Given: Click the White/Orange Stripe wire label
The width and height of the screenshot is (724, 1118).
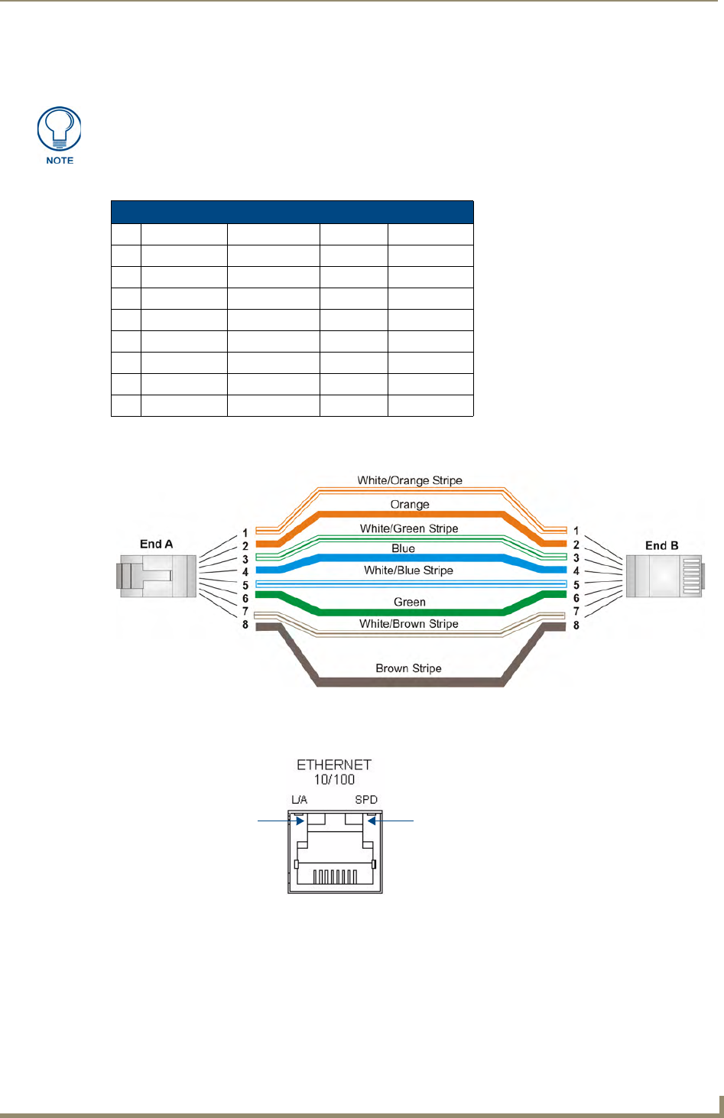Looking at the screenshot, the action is pyautogui.click(x=410, y=480).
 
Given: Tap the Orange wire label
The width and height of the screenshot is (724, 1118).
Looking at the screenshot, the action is pyautogui.click(x=410, y=504).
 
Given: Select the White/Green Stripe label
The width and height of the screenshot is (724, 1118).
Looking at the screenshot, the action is pyautogui.click(x=409, y=528).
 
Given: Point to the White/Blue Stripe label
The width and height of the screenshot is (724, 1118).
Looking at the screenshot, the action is pyautogui.click(x=408, y=570).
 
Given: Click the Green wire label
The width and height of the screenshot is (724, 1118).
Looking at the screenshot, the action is pyautogui.click(x=410, y=602).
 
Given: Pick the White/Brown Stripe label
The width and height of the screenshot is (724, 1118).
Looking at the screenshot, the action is pyautogui.click(x=409, y=623).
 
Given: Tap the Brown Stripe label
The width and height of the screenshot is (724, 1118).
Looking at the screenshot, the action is pyautogui.click(x=408, y=668).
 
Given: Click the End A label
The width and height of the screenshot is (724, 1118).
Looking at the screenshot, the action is pyautogui.click(x=156, y=544).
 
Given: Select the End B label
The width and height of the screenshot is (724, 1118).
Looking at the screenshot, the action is pyautogui.click(x=661, y=545).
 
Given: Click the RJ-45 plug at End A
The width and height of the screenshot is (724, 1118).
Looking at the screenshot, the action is pyautogui.click(x=156, y=575).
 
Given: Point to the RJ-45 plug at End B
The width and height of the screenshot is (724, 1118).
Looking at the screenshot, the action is pyautogui.click(x=664, y=575).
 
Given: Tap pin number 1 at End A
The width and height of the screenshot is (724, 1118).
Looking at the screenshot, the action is pyautogui.click(x=245, y=532).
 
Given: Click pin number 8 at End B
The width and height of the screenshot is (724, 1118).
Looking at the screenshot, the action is pyautogui.click(x=576, y=625).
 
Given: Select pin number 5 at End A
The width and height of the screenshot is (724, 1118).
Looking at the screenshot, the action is pyautogui.click(x=245, y=585).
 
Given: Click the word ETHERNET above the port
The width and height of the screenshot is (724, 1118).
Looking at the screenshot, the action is pyautogui.click(x=334, y=765).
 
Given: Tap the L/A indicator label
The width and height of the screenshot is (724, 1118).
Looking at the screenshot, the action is pyautogui.click(x=299, y=800).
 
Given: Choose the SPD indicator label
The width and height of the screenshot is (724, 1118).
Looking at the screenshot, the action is pyautogui.click(x=366, y=800).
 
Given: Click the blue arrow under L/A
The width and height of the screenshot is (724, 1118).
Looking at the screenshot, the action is pyautogui.click(x=300, y=821).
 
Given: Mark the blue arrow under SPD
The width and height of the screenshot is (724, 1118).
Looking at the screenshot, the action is pyautogui.click(x=371, y=821).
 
